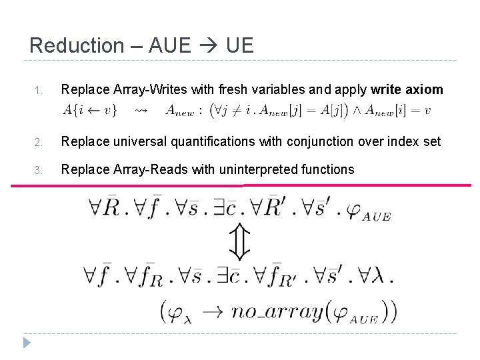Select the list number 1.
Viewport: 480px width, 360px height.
[39, 90]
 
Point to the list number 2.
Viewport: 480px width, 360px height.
[39, 142]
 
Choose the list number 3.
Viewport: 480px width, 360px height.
[39, 170]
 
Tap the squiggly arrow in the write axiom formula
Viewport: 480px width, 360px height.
[141, 111]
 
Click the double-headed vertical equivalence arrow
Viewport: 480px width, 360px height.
[239, 242]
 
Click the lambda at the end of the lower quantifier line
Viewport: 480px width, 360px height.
[379, 275]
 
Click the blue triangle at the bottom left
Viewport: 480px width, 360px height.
[27, 343]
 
